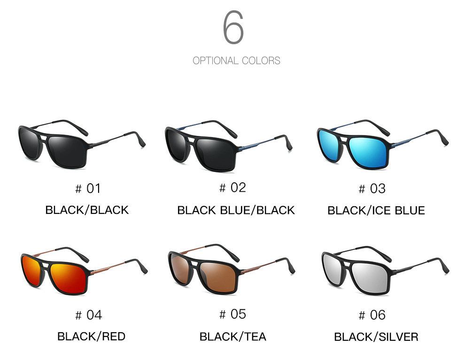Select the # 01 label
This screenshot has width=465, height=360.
point(88,189)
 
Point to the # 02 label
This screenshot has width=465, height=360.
point(232,188)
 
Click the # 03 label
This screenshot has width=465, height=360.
point(372,189)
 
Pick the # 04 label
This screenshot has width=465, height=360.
point(88,315)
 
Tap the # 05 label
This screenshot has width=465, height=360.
point(232,314)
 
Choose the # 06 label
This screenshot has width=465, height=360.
point(372,315)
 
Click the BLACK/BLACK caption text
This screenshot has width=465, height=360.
point(87,210)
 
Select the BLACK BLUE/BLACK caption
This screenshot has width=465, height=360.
point(236,210)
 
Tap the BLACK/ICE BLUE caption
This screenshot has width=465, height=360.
point(376,210)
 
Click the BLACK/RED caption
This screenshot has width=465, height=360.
point(91,337)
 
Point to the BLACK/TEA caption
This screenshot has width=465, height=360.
point(232,337)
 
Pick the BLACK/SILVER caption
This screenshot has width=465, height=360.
point(376,337)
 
